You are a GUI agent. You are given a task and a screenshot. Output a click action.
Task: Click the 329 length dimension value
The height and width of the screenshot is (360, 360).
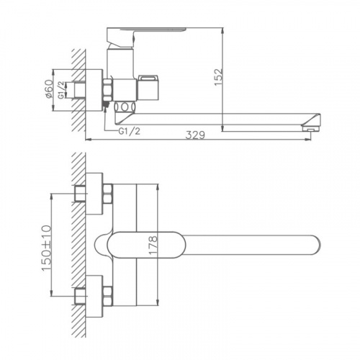[195, 135]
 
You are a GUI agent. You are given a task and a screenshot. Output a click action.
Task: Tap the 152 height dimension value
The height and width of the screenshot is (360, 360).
[219, 77]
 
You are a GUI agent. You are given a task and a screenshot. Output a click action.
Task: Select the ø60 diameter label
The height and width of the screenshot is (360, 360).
[49, 89]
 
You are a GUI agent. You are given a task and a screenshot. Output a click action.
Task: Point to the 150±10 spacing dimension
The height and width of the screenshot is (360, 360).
[47, 248]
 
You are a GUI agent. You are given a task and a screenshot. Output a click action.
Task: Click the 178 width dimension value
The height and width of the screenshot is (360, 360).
[153, 245]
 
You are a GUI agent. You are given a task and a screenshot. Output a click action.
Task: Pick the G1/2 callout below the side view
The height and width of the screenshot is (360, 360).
[130, 131]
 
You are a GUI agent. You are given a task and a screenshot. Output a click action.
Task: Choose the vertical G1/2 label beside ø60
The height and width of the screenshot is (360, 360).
[61, 90]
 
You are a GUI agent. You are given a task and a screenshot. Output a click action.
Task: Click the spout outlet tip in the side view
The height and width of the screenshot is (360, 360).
[311, 130]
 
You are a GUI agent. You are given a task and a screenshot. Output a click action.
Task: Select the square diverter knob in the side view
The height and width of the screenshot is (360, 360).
[148, 88]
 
